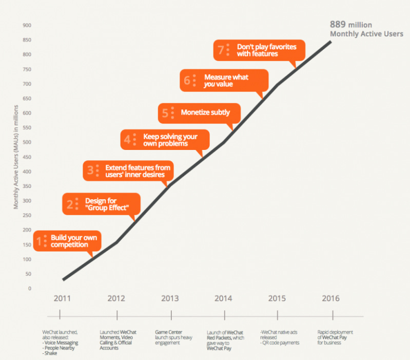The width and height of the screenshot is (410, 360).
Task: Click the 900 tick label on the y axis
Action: [27, 25]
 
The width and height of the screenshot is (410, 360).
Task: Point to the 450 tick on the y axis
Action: [27, 157]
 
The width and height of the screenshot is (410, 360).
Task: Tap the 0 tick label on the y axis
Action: [30, 288]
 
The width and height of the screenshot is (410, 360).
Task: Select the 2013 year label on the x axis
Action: [170, 298]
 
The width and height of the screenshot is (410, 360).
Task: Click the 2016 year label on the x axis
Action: [331, 298]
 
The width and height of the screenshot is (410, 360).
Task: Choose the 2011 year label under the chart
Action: [62, 298]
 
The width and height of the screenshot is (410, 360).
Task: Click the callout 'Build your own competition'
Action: [67, 241]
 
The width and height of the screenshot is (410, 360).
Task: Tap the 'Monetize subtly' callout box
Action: [199, 113]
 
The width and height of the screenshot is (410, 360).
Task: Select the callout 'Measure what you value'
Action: [224, 81]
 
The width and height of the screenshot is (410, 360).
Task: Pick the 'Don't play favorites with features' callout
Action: [259, 50]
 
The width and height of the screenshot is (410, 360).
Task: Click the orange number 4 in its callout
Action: [127, 140]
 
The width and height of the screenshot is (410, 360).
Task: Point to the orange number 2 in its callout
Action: [70, 204]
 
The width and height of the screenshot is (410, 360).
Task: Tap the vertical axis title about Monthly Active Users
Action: [16, 157]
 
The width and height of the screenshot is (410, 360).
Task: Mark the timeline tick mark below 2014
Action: [225, 315]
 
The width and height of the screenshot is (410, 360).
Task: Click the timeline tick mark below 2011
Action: [60, 314]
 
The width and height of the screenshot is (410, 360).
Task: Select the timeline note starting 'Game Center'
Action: [173, 337]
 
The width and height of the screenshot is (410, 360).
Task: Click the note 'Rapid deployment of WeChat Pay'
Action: [335, 337]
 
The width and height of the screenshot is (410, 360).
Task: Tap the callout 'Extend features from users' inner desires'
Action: [128, 171]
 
